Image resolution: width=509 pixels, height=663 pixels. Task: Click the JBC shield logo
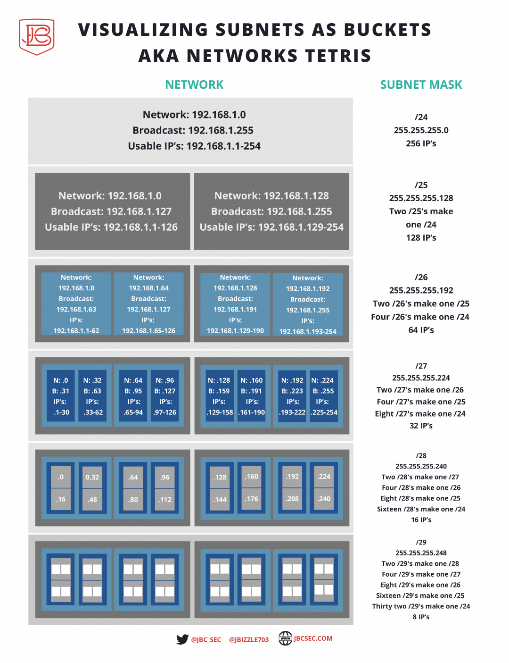click(x=36, y=36)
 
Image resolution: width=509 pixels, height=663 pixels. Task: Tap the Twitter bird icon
click(x=182, y=639)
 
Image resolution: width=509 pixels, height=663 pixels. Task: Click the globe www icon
click(x=285, y=638)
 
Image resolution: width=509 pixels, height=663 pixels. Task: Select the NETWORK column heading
click(x=194, y=85)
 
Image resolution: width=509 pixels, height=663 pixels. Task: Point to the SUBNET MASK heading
click(x=421, y=85)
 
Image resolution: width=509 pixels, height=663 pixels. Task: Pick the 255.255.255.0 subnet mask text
click(x=421, y=130)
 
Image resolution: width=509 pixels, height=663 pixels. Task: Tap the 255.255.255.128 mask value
click(x=421, y=198)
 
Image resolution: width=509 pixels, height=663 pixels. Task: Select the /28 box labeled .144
click(x=220, y=500)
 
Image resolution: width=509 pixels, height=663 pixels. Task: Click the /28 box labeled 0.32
click(x=92, y=477)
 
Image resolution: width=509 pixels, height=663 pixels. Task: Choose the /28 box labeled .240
click(x=324, y=499)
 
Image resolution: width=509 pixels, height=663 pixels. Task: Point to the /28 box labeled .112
click(x=165, y=500)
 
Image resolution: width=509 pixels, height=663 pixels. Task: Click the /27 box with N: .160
click(x=252, y=396)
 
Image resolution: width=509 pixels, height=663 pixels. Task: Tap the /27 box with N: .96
click(x=165, y=396)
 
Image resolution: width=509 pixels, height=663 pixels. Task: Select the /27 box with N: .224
click(x=323, y=396)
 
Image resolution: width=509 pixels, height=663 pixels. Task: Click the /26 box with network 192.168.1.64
click(x=148, y=304)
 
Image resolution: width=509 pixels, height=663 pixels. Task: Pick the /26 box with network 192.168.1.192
click(x=308, y=304)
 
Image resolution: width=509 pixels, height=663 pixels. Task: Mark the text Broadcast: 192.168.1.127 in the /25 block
click(x=111, y=211)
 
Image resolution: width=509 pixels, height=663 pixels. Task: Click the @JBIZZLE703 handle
click(x=249, y=640)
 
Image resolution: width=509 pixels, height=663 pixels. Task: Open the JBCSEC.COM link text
click(x=313, y=638)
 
